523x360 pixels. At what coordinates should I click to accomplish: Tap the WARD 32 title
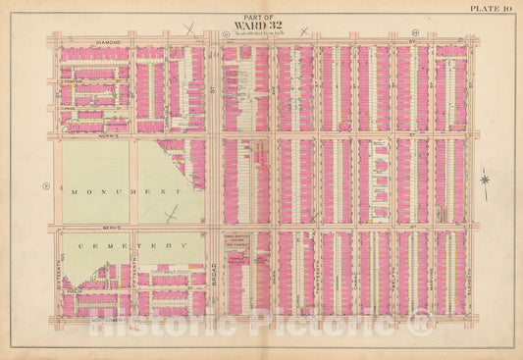coord(261,26)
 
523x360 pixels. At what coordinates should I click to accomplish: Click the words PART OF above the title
coord(261,16)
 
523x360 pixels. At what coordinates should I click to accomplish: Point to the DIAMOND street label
coord(109,43)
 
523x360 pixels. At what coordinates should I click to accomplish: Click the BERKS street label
coord(109,223)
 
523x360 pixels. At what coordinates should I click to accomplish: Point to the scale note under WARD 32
coord(261,34)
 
